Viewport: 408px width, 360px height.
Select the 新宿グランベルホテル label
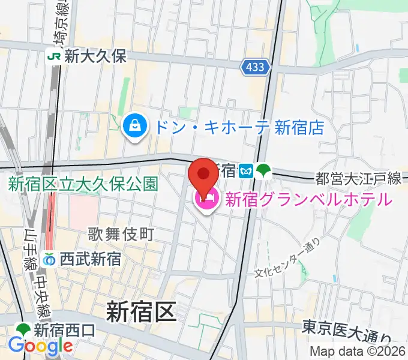tap(308, 199)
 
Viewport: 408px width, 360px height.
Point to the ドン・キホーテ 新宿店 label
tap(238, 127)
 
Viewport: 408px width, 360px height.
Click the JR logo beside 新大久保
tap(55, 57)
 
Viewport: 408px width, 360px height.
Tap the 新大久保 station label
tap(97, 57)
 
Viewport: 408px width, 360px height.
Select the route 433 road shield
tap(255, 68)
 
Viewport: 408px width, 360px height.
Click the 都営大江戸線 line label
tap(358, 178)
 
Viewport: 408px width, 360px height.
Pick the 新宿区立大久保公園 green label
tap(83, 184)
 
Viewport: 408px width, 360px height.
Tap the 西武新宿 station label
tap(91, 259)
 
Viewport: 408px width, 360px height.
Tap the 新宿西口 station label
tap(64, 329)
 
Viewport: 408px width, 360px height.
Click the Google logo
tap(40, 346)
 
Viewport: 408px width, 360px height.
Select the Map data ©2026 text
tap(358, 352)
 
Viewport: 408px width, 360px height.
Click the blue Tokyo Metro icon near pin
tap(245, 172)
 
